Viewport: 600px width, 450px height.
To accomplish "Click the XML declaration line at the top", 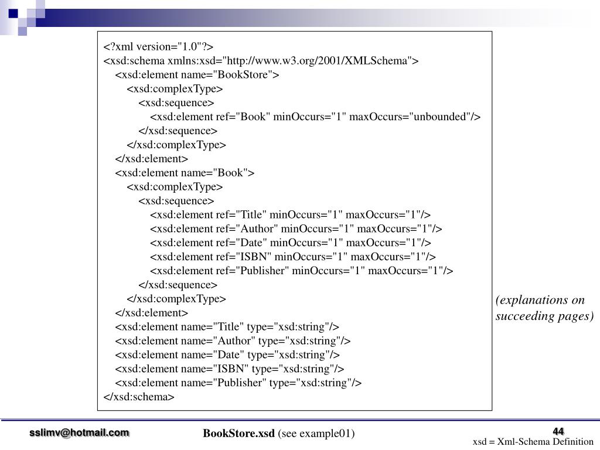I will coord(159,47).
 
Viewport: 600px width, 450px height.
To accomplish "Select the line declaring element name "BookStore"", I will coord(197,75).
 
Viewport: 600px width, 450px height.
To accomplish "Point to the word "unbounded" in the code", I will coord(442,117).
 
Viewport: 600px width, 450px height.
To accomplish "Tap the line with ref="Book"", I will coord(315,117).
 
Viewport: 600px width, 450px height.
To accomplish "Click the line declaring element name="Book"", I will coord(185,173).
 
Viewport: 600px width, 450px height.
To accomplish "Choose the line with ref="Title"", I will coord(291,214).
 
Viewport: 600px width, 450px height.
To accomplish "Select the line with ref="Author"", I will coord(296,229).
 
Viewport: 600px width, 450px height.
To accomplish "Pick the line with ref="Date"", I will coord(291,243).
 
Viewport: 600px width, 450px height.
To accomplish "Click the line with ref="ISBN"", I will coord(293,257).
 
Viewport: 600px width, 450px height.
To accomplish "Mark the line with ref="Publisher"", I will coord(302,271).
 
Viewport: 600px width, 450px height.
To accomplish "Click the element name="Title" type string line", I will coord(227,327).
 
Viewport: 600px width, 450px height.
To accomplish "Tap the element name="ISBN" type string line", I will coord(230,369).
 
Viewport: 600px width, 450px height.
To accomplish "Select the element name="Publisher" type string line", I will coord(238,383).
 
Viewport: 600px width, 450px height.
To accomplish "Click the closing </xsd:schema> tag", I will coord(139,397).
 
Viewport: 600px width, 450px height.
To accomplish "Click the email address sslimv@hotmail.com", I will coord(80,432).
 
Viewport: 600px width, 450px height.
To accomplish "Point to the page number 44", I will coord(558,432).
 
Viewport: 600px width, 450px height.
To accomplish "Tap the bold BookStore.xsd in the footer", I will coord(239,434).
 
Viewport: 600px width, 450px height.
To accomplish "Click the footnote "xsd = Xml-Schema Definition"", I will coord(533,442).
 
